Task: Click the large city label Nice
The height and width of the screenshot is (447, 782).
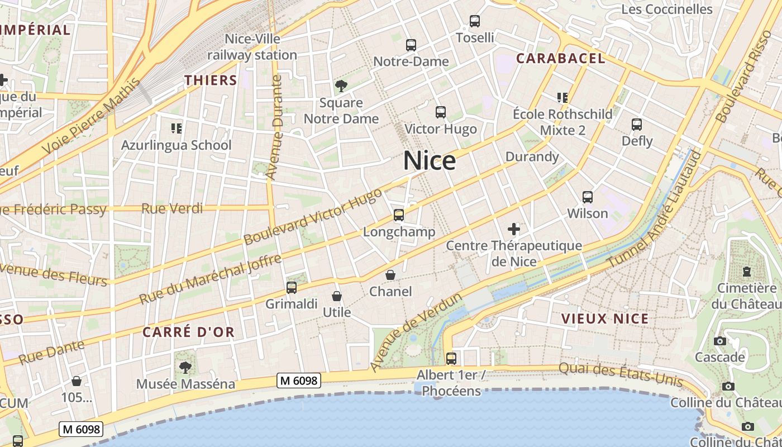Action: (430, 161)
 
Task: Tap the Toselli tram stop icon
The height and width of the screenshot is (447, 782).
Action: (475, 21)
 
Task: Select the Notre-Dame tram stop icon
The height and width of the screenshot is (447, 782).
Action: (411, 45)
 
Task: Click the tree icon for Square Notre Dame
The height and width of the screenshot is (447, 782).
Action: (341, 86)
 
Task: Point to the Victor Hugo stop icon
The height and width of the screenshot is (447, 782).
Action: (441, 112)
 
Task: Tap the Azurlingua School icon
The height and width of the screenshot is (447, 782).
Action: (177, 129)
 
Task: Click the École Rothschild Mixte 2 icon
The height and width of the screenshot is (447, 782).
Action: (562, 98)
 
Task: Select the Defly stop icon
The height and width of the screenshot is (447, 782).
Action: (637, 125)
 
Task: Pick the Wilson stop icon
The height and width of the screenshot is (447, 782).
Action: (588, 197)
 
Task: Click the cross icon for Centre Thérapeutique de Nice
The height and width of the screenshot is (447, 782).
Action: (514, 229)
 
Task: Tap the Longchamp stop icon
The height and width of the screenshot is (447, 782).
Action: (399, 215)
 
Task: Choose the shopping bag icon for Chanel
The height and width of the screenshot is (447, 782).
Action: (390, 275)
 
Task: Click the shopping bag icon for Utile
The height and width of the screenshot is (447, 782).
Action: (337, 296)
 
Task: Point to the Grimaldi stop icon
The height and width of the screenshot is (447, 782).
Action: (291, 288)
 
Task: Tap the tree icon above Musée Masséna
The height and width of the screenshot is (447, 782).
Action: (185, 368)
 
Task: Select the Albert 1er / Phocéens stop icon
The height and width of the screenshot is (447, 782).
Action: (451, 358)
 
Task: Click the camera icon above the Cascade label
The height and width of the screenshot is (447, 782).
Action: (720, 341)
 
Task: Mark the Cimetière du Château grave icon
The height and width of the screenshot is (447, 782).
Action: (747, 272)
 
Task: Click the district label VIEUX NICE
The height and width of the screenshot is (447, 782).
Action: (605, 319)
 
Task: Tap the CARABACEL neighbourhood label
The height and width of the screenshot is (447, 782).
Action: (560, 58)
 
